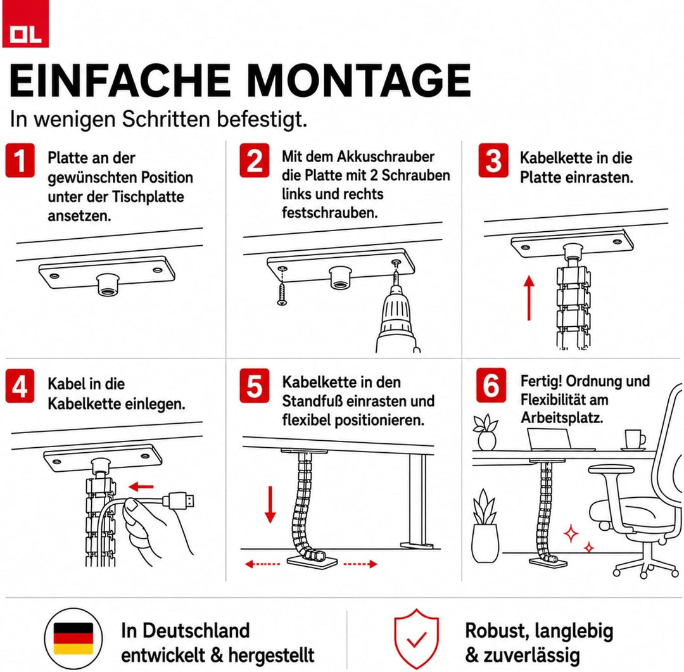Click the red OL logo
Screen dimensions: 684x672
point(25,23)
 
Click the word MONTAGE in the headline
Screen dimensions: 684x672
point(359,80)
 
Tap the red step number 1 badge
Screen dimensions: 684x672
point(20,161)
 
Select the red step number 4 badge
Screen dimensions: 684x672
point(20,386)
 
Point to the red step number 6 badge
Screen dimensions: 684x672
point(491,385)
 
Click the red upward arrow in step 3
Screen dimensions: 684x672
point(529,298)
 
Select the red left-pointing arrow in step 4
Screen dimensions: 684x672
point(141,486)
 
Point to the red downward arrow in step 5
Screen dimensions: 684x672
point(270,505)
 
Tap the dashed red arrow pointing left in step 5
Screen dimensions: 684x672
point(262,564)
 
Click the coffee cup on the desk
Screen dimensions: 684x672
point(634,440)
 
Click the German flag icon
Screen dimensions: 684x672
point(73,638)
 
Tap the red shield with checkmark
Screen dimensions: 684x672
point(417,639)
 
